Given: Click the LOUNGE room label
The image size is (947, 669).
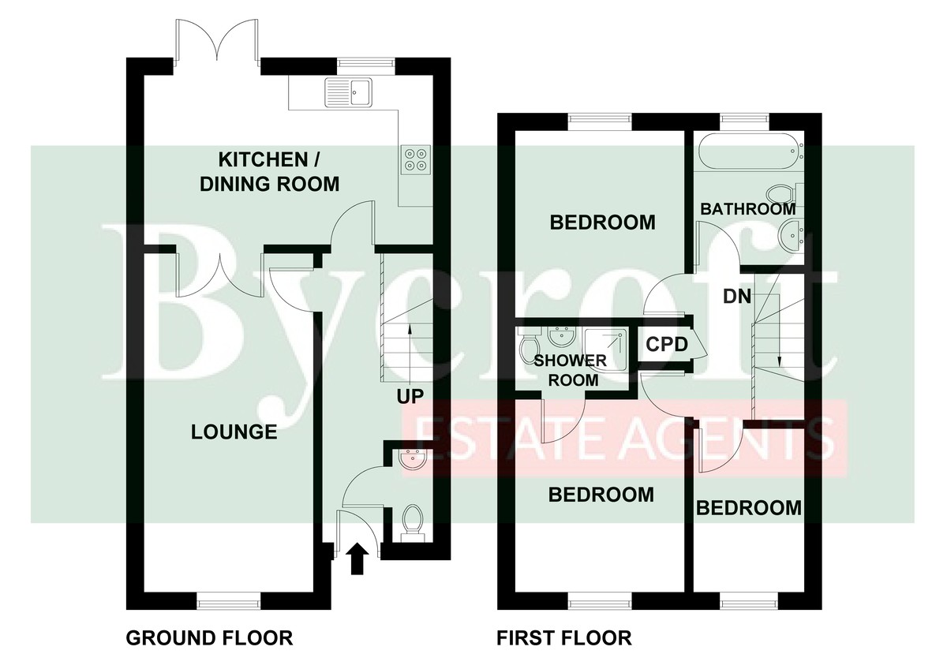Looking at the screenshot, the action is [x=234, y=432].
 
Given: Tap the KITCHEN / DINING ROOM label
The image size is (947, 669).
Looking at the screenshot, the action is [x=269, y=172].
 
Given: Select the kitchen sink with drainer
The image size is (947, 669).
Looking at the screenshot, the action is [x=348, y=92].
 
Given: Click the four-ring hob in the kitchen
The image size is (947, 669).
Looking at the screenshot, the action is [x=417, y=159].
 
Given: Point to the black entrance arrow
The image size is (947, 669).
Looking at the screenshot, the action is [x=357, y=559].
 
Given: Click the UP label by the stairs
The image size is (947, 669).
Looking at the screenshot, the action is [x=410, y=396].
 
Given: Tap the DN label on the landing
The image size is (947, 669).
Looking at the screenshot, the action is [x=737, y=297].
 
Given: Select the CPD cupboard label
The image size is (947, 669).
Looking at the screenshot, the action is [x=667, y=345].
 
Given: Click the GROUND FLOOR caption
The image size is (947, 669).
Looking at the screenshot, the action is [x=210, y=637].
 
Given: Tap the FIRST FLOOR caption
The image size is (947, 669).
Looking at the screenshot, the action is [x=564, y=637].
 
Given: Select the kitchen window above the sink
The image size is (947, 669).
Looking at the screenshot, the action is [x=366, y=62].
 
